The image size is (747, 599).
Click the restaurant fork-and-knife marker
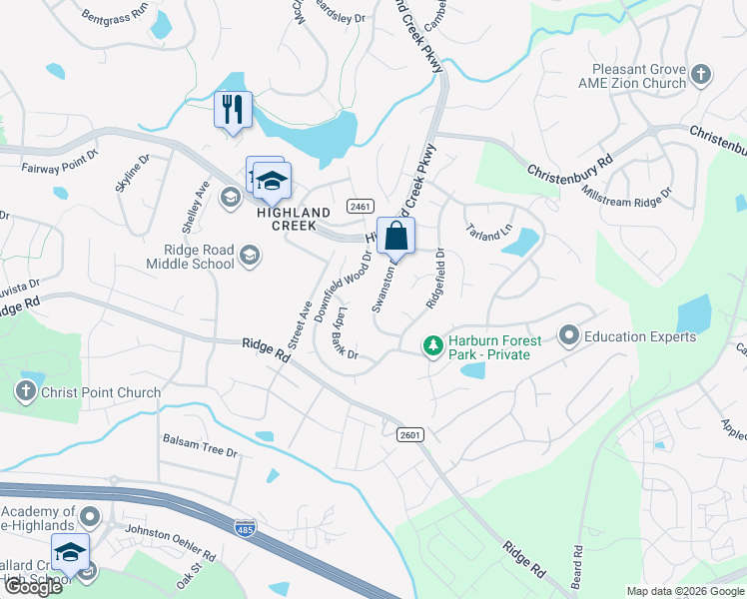point(233,109)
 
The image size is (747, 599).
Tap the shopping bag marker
point(396,238)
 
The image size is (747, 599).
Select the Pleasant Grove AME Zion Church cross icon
point(701,74)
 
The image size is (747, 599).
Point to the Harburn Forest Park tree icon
point(432,346)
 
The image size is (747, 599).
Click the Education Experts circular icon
point(569,336)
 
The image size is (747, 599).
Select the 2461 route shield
point(361,206)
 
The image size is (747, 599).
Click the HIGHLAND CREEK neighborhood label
point(294,219)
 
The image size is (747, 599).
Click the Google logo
point(33,587)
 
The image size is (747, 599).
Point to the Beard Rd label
point(577,564)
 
